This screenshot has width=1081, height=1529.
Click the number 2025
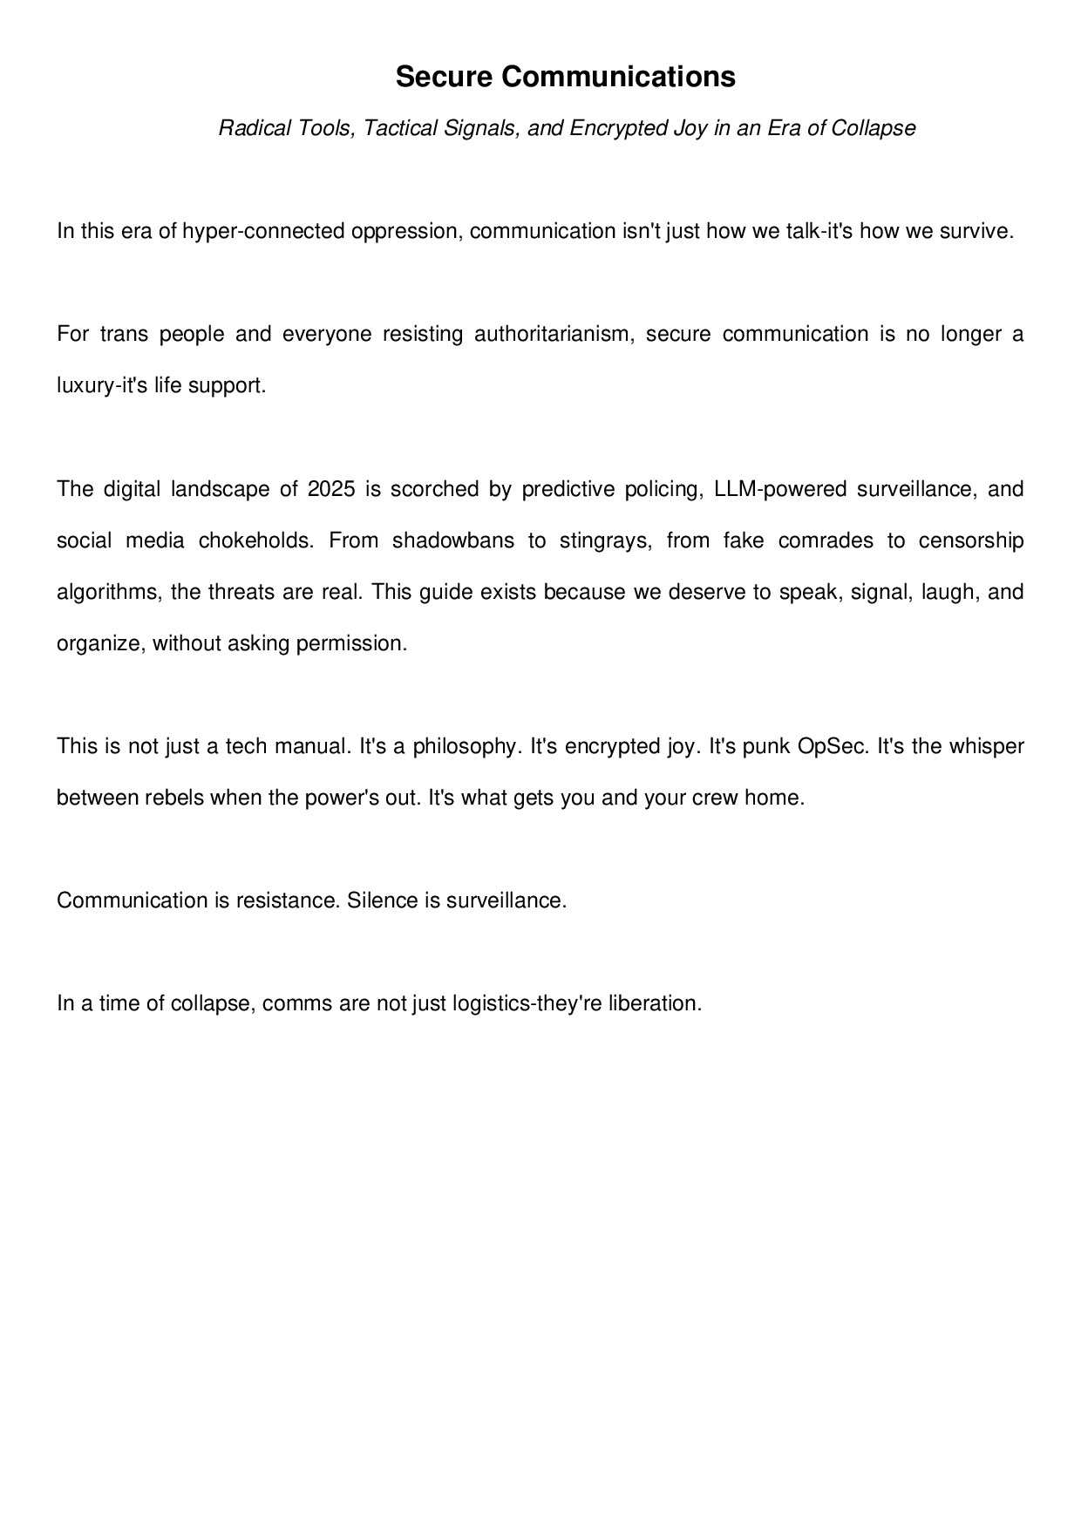(x=331, y=489)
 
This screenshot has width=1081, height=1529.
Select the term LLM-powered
(x=779, y=489)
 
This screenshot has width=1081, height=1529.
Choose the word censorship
(x=971, y=540)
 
